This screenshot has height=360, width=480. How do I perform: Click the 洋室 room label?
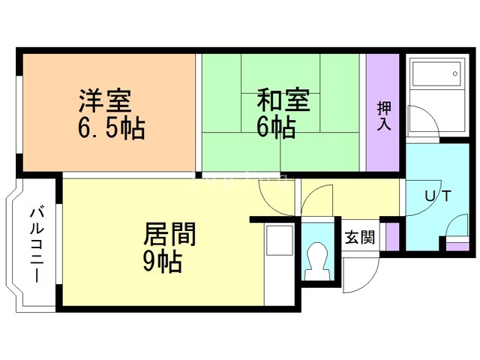point(105,100)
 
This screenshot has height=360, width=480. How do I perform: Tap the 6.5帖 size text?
point(112,128)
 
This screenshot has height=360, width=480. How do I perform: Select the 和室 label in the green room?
point(283,100)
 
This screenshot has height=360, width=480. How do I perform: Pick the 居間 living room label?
point(169,234)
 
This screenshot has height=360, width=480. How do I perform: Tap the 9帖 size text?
point(163,262)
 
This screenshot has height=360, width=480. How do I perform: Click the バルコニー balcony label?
point(37,245)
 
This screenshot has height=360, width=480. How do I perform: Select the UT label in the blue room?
point(438,196)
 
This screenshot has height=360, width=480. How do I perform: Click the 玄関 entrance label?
point(360,237)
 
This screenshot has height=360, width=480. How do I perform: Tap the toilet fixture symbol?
point(318,261)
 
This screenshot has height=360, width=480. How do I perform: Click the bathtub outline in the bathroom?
point(436,73)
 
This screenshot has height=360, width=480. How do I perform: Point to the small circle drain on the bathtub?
point(455,73)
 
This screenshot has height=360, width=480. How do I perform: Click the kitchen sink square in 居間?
point(280,241)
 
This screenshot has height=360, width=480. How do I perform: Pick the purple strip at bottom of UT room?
point(457,247)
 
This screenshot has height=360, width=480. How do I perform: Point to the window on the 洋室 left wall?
point(19,115)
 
